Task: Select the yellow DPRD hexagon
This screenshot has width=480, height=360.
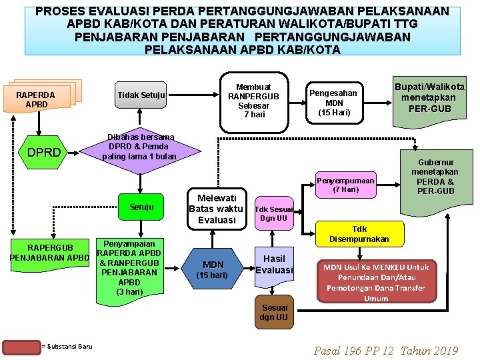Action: (x=44, y=152)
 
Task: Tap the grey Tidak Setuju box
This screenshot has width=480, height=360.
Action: (x=141, y=95)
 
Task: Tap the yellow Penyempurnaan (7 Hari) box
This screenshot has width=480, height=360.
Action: (x=345, y=185)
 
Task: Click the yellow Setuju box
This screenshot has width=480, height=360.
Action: (x=141, y=207)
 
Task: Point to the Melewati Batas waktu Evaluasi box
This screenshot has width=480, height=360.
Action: (x=217, y=209)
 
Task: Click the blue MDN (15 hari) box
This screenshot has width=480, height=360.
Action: (x=213, y=269)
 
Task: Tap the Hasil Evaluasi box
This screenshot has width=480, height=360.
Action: (x=274, y=265)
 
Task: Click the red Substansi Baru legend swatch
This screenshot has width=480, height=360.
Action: (x=21, y=346)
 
